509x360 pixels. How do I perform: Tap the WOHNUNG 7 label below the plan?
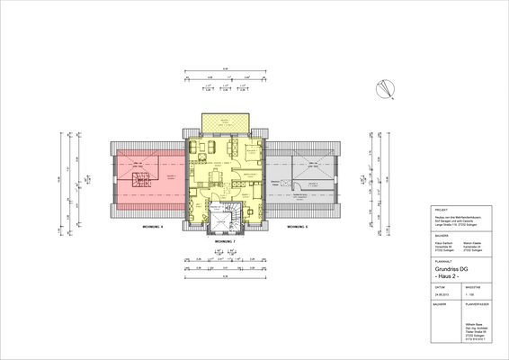[x=224, y=243]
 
